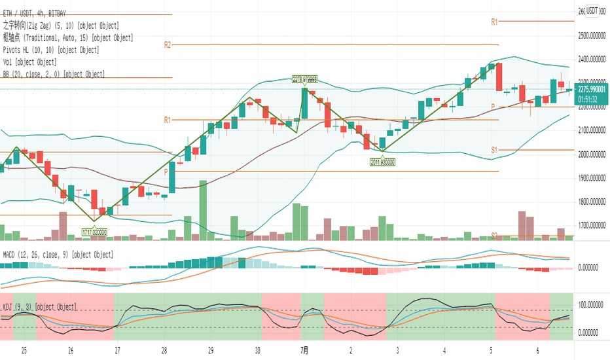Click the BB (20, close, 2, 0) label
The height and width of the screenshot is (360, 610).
[x=54, y=75]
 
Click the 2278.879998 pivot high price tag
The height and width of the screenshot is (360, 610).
[x=304, y=80]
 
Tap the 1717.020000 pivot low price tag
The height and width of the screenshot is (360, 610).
[x=94, y=232]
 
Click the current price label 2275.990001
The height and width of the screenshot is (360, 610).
[x=592, y=91]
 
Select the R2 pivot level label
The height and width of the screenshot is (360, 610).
[x=168, y=45]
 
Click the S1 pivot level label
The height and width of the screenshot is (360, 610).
[x=495, y=150]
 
